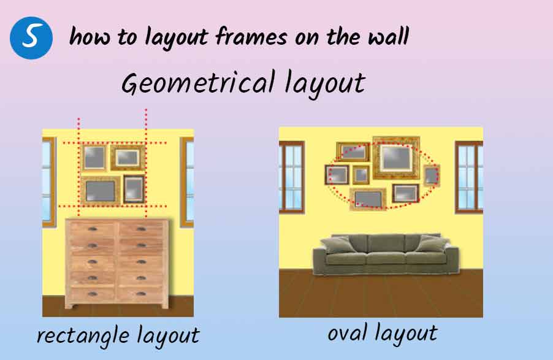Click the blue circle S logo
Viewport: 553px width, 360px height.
[31, 38]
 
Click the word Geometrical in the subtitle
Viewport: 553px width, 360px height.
[198, 83]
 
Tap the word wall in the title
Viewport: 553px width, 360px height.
[388, 36]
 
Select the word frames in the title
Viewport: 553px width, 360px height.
[251, 36]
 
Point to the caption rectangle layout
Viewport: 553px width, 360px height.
[118, 335]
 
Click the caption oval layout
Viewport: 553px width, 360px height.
[383, 334]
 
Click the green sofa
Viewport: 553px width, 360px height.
[386, 254]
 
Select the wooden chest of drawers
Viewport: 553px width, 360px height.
[116, 263]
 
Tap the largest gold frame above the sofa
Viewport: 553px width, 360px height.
[397, 158]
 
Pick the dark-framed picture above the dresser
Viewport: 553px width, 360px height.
[134, 189]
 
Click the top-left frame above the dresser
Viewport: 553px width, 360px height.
[94, 158]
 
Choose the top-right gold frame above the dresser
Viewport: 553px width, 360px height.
[128, 158]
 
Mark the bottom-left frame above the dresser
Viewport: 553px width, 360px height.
[101, 191]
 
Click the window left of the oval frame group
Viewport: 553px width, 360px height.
[292, 177]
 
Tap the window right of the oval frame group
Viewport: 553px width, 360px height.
[469, 177]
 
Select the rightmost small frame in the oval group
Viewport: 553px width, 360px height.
[432, 176]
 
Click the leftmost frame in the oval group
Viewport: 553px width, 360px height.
[337, 175]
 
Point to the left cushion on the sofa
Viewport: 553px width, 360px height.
[338, 245]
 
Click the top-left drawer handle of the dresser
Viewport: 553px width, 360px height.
[93, 229]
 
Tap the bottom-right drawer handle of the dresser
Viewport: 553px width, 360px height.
[141, 294]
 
